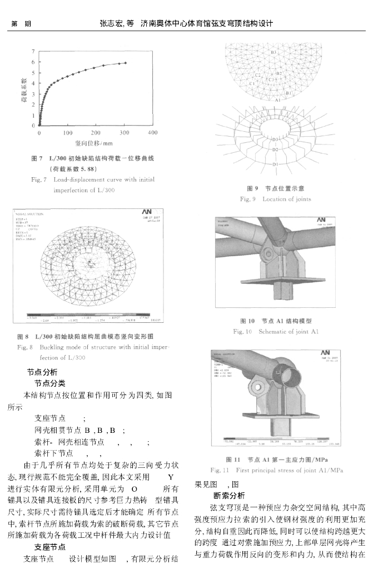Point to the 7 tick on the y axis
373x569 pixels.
pos(33,51)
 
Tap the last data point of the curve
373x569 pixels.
pos(126,63)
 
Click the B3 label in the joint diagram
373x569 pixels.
pos(273,53)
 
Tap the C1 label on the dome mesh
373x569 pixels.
pos(252,83)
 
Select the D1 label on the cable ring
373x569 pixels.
pos(275,164)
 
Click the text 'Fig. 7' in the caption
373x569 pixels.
pos(38,179)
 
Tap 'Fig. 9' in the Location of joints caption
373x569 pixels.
pos(248,199)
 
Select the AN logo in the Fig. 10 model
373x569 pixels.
pos(321,221)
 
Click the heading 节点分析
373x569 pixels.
pos(42,372)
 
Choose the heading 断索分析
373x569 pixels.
pos(228,495)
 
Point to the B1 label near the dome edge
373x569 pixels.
pos(289,93)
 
